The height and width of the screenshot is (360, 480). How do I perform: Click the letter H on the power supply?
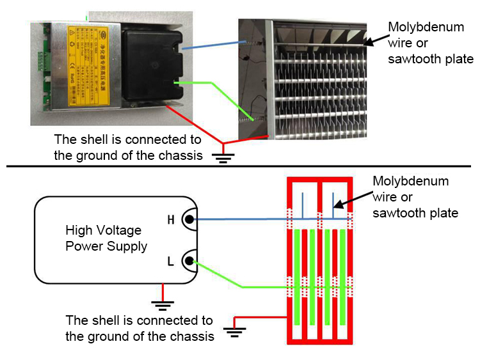tap(171, 221)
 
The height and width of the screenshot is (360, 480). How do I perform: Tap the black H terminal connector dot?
tap(189, 220)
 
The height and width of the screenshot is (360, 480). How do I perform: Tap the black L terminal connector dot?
tap(189, 260)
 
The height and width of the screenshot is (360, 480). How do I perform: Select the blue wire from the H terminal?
tap(256, 219)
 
